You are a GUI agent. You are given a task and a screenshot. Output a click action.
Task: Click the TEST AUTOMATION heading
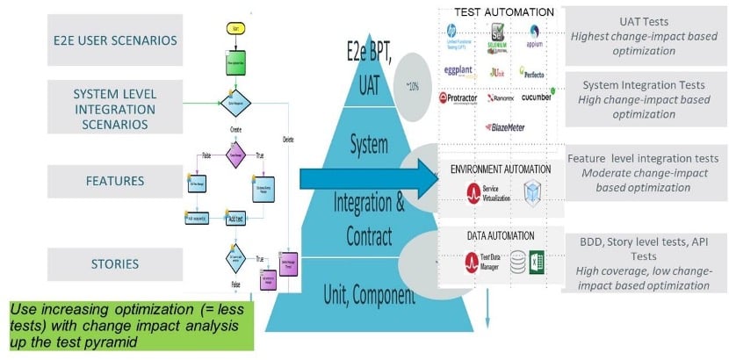coord(503,12)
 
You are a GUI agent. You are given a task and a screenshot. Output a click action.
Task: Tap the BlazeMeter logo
coord(506,127)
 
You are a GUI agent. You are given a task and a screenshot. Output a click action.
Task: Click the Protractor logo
coord(462,98)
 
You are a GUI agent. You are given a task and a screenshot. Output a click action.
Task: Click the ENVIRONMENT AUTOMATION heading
coord(501,169)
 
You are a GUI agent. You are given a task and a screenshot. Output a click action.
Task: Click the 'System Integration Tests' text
coord(646,85)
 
